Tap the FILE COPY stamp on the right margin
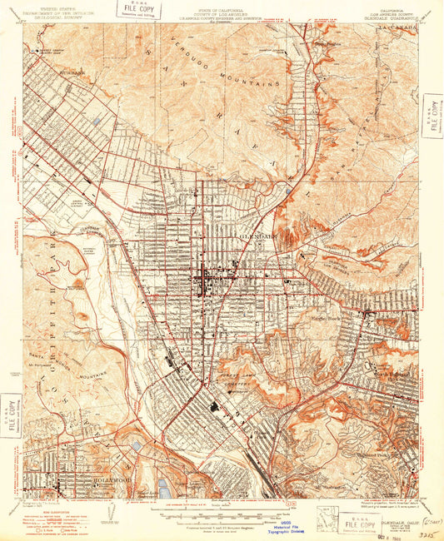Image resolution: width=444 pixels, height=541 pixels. pyautogui.click(x=432, y=115)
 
